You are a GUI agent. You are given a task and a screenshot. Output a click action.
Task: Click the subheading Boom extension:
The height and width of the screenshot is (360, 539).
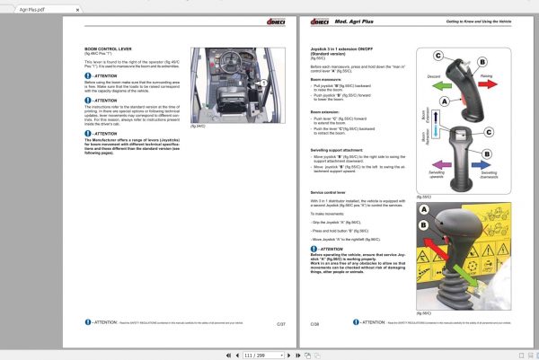tap(325, 111)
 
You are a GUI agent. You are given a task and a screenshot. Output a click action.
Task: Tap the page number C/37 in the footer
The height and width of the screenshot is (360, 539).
tap(281, 322)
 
